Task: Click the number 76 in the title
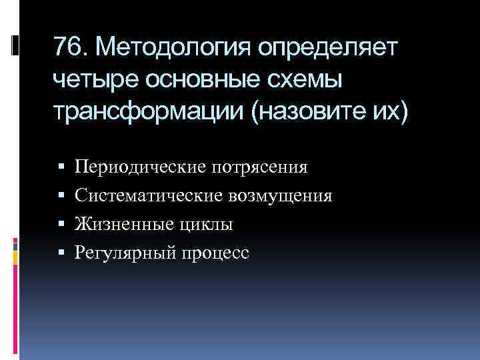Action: pos(68,48)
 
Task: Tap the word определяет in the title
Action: pos(329,48)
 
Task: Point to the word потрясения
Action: pos(260,166)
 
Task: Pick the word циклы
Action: pos(206,225)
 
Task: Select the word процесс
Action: pos(217,253)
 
